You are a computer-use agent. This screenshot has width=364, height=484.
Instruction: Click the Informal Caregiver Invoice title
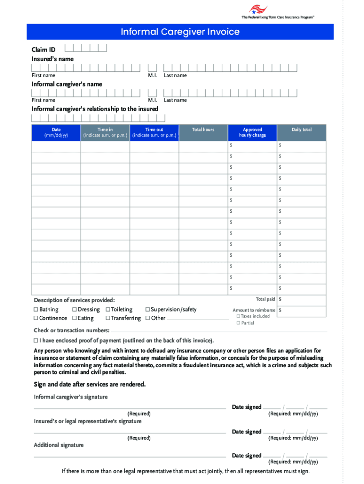[x=180, y=32]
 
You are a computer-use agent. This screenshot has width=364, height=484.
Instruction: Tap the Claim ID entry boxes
[x=86, y=48]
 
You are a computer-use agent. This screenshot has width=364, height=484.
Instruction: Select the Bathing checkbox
[x=36, y=310]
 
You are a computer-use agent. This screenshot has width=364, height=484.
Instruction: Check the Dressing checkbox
[x=74, y=310]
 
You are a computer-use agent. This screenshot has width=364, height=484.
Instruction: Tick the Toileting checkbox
[x=108, y=310]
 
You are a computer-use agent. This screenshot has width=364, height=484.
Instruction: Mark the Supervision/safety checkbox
[x=147, y=310]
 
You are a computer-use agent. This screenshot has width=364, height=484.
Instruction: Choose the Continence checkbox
[x=36, y=318]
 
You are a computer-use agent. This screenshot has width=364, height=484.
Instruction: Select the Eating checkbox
[x=74, y=318]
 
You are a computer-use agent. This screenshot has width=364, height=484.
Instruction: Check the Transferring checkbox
[x=108, y=318]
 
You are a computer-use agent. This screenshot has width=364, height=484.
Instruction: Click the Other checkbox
[x=147, y=318]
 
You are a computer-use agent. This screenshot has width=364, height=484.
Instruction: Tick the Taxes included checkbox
[x=238, y=316]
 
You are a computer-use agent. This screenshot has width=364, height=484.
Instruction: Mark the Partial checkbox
[x=238, y=323]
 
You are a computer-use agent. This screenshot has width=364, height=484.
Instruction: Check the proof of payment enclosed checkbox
[x=36, y=340]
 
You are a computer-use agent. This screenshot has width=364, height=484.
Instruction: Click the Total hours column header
[x=203, y=130]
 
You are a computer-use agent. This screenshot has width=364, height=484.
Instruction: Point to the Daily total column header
[x=302, y=130]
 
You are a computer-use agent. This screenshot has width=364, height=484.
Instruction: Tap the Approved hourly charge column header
[x=252, y=132]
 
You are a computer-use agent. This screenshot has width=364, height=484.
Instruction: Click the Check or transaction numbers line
[x=217, y=331]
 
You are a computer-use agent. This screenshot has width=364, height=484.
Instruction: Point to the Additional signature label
[x=59, y=445]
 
